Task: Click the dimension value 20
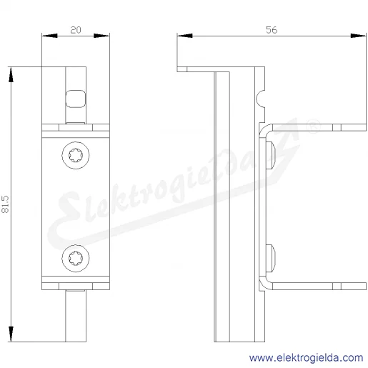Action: [76, 30]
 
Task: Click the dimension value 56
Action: [272, 30]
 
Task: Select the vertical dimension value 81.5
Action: [5, 204]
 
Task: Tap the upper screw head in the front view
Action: [76, 155]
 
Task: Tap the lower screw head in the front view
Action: [76, 258]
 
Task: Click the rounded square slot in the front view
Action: [76, 99]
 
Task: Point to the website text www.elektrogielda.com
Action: [306, 358]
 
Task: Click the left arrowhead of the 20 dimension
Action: [49, 36]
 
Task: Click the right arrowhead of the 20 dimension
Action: [101, 36]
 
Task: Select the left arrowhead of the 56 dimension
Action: [185, 36]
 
